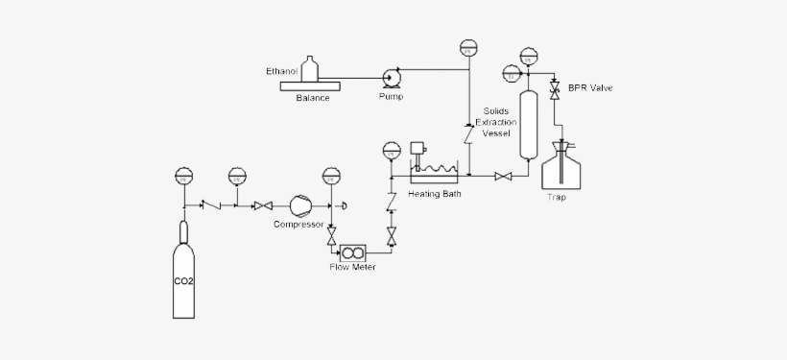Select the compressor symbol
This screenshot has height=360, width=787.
299,205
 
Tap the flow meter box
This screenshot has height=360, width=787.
353,252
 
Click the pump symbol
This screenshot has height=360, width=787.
391,79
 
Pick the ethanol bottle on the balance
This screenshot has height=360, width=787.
309,69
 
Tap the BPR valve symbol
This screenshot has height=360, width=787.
555,89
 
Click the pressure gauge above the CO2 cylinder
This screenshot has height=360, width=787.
184,176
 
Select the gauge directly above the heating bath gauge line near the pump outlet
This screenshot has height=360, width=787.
468,48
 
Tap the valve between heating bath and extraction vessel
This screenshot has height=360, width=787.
502,176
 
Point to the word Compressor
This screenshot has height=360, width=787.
298,225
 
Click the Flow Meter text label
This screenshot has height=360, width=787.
352,267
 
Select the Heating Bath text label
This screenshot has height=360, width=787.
435,193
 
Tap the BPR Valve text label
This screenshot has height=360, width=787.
589,88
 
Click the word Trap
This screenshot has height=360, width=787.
557,198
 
